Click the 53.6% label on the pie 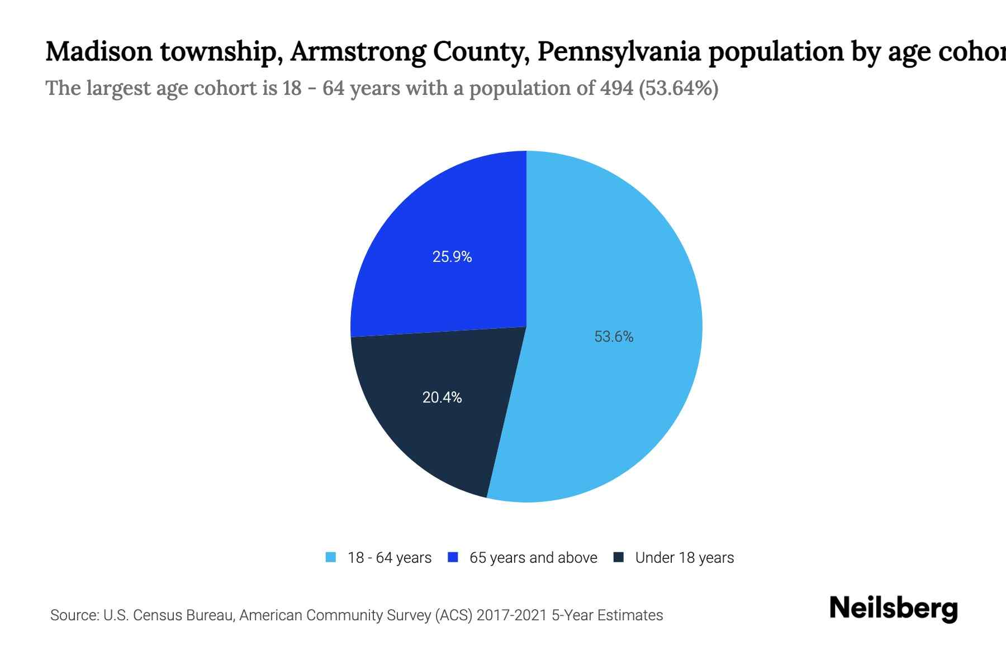click(x=614, y=337)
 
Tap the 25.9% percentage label click(x=452, y=257)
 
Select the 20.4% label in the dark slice click(x=442, y=398)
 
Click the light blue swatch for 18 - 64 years click(x=331, y=557)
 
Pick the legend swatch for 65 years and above click(x=453, y=557)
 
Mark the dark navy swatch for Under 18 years click(x=619, y=557)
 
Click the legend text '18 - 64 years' click(x=390, y=558)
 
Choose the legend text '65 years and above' click(x=533, y=558)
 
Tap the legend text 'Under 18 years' click(x=685, y=558)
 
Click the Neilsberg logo click(x=893, y=609)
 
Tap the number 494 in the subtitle click(x=616, y=88)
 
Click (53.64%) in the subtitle click(x=678, y=88)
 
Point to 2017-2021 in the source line click(x=511, y=615)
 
